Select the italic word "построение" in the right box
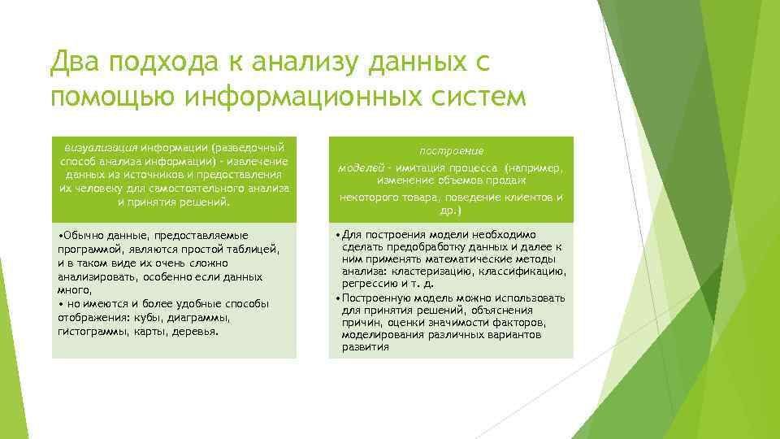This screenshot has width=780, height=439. (451, 151)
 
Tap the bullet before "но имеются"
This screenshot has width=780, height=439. (60, 303)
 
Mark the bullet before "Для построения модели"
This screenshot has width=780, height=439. (337, 235)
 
